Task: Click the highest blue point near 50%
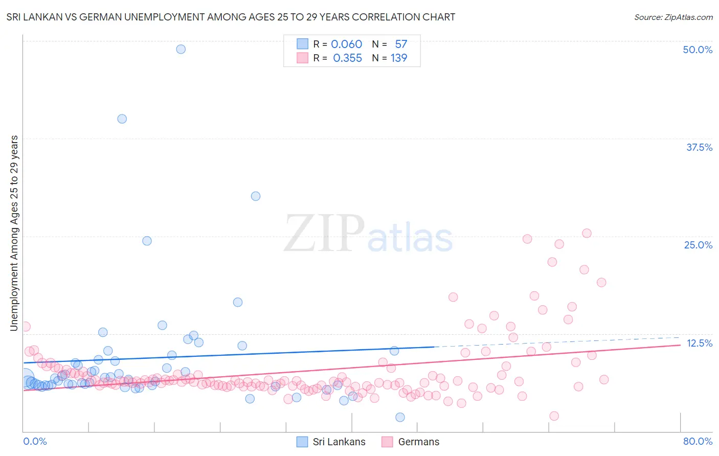pos(181,49)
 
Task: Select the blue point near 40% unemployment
pos(122,119)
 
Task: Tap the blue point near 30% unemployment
pos(256,196)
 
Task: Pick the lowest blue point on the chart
pos(400,417)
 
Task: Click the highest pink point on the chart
pos(587,233)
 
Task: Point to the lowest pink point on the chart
pos(554,416)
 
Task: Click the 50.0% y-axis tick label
pos(698,50)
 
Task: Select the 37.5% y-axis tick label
pos(699,147)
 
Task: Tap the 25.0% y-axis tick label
pos(698,245)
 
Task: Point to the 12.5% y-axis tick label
pos(699,343)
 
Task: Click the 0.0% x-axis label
pos(35,441)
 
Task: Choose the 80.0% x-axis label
pos(698,441)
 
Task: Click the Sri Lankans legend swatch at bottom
pos(302,442)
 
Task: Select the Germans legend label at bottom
pos(418,442)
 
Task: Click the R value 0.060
pos(346,44)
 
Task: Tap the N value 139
pos(399,58)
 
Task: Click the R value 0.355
pos(347,58)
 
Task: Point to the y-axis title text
pos(14,233)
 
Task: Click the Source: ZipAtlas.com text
pos(673,17)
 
